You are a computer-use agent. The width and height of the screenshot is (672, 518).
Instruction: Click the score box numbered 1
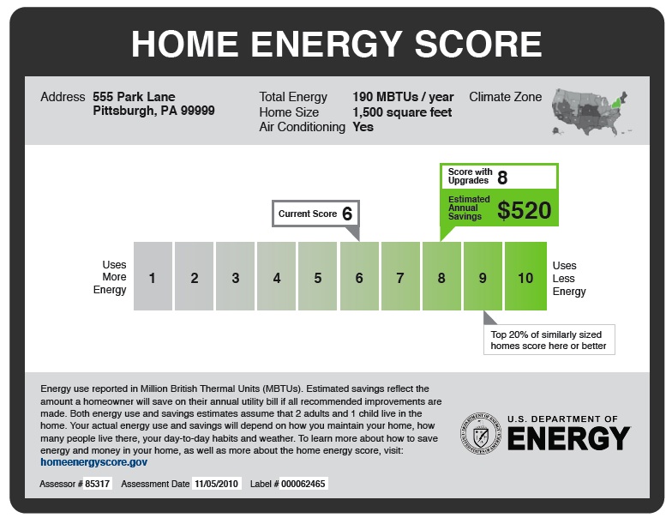tap(153, 277)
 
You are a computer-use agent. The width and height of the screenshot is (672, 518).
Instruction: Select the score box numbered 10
tap(525, 277)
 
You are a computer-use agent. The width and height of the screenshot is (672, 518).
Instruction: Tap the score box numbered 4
tap(277, 277)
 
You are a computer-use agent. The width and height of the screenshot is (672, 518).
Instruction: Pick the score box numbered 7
tap(400, 277)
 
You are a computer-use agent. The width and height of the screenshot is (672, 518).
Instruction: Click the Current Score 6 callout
tap(315, 214)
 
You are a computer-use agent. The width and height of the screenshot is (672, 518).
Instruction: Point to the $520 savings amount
tap(525, 210)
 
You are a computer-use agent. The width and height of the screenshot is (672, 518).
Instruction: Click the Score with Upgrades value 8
tap(502, 178)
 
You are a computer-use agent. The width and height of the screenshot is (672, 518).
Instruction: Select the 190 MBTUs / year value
tap(403, 97)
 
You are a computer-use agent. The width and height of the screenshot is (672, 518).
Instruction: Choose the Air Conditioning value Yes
tap(363, 127)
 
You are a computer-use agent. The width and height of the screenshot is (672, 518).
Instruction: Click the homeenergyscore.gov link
tap(94, 461)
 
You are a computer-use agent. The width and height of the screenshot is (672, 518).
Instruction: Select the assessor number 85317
tap(97, 485)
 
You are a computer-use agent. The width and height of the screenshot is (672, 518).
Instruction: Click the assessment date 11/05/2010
tap(217, 485)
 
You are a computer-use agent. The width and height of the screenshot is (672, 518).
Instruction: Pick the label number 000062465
tap(303, 485)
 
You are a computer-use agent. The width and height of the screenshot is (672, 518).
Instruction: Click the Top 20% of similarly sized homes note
tap(549, 340)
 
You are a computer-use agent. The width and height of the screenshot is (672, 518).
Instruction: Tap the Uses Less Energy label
tap(569, 279)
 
